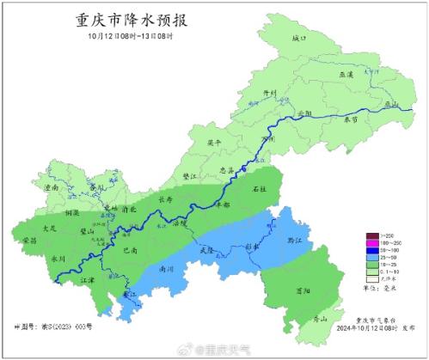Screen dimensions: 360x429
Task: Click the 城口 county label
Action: (297, 39)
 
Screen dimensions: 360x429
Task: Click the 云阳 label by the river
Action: (301, 113)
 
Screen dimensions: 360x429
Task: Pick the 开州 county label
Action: (267, 93)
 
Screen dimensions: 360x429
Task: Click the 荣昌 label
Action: (28, 241)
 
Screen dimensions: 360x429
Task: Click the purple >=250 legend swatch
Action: (372, 235)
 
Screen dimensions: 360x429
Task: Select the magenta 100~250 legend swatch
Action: (372, 243)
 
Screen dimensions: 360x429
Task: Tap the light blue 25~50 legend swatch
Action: (372, 257)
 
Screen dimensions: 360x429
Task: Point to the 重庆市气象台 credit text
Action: (380, 319)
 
